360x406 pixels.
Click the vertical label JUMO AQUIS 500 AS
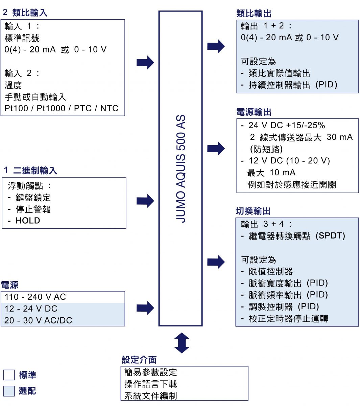pos(181,168)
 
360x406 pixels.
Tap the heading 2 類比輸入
pos(25,13)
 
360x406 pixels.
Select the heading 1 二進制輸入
pos(30,171)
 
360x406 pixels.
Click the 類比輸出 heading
pos(254,14)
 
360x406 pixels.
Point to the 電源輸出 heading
pos(254,112)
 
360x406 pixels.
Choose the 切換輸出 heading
pos(253,211)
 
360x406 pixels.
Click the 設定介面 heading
pos(139,360)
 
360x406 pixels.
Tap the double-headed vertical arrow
pos(182,343)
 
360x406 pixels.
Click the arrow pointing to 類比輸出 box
pos(216,46)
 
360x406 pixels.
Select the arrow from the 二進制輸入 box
pos(145,201)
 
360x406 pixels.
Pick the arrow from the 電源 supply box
pos(145,308)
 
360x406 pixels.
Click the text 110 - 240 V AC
pos(35,297)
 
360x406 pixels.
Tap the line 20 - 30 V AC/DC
pos(38,320)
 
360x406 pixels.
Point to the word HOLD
pos(28,221)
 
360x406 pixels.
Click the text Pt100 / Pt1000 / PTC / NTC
pos(62,108)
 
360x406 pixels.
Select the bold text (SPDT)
pos(330,236)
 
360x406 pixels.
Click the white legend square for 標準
pos(9,375)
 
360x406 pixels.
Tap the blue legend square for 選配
pos(9,391)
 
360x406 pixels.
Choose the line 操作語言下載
pos(150,384)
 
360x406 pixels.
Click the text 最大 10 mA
pos(271,173)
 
